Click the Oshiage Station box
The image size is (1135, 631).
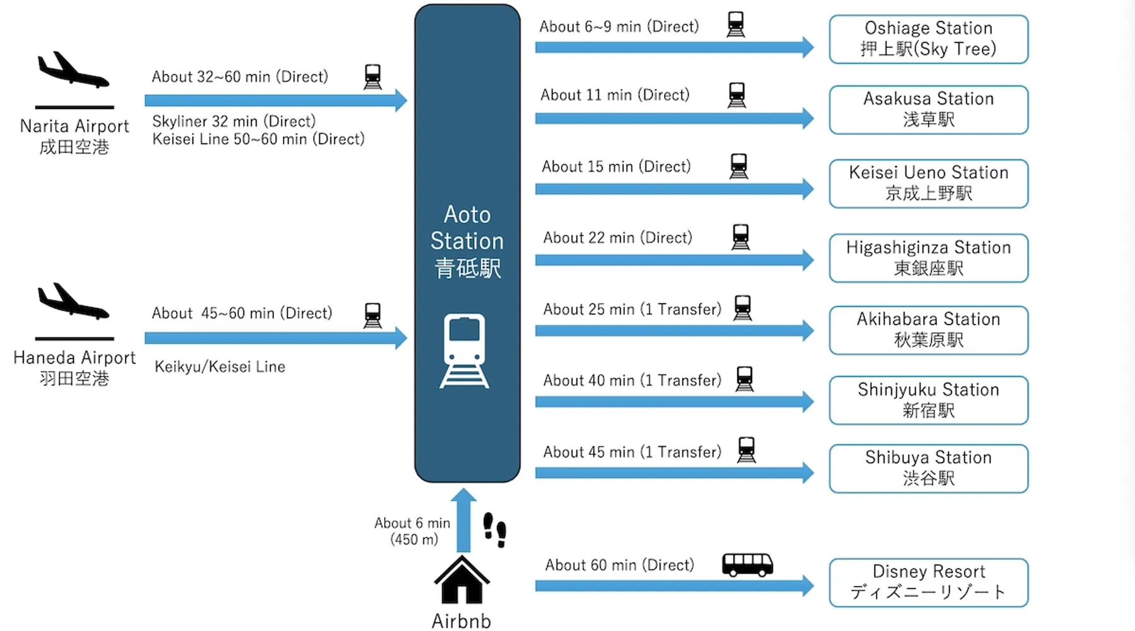click(x=928, y=39)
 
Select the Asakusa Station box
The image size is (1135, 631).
click(x=928, y=110)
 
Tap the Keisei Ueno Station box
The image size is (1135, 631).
click(x=928, y=184)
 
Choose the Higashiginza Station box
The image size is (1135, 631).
click(x=928, y=258)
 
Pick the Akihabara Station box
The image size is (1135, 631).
click(x=928, y=330)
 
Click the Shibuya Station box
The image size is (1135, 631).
click(x=928, y=468)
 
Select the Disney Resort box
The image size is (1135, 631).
click(x=928, y=582)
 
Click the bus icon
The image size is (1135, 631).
click(x=747, y=564)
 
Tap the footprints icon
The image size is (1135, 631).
click(x=495, y=529)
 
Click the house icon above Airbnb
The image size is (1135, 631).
click(x=462, y=581)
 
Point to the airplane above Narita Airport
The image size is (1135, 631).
click(x=73, y=71)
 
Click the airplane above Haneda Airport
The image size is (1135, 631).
click(x=73, y=302)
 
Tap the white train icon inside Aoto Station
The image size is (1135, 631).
click(x=465, y=350)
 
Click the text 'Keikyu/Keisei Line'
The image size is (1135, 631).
click(x=219, y=367)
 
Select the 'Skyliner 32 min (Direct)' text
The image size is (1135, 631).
click(x=233, y=121)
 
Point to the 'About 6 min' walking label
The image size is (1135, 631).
click(x=412, y=523)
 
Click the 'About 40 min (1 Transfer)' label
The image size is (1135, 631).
click(x=632, y=380)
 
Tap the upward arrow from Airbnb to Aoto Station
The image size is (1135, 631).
click(x=463, y=521)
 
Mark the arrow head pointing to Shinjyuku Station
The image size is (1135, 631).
click(x=808, y=401)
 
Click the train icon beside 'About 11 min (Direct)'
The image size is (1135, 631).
click(x=736, y=95)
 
